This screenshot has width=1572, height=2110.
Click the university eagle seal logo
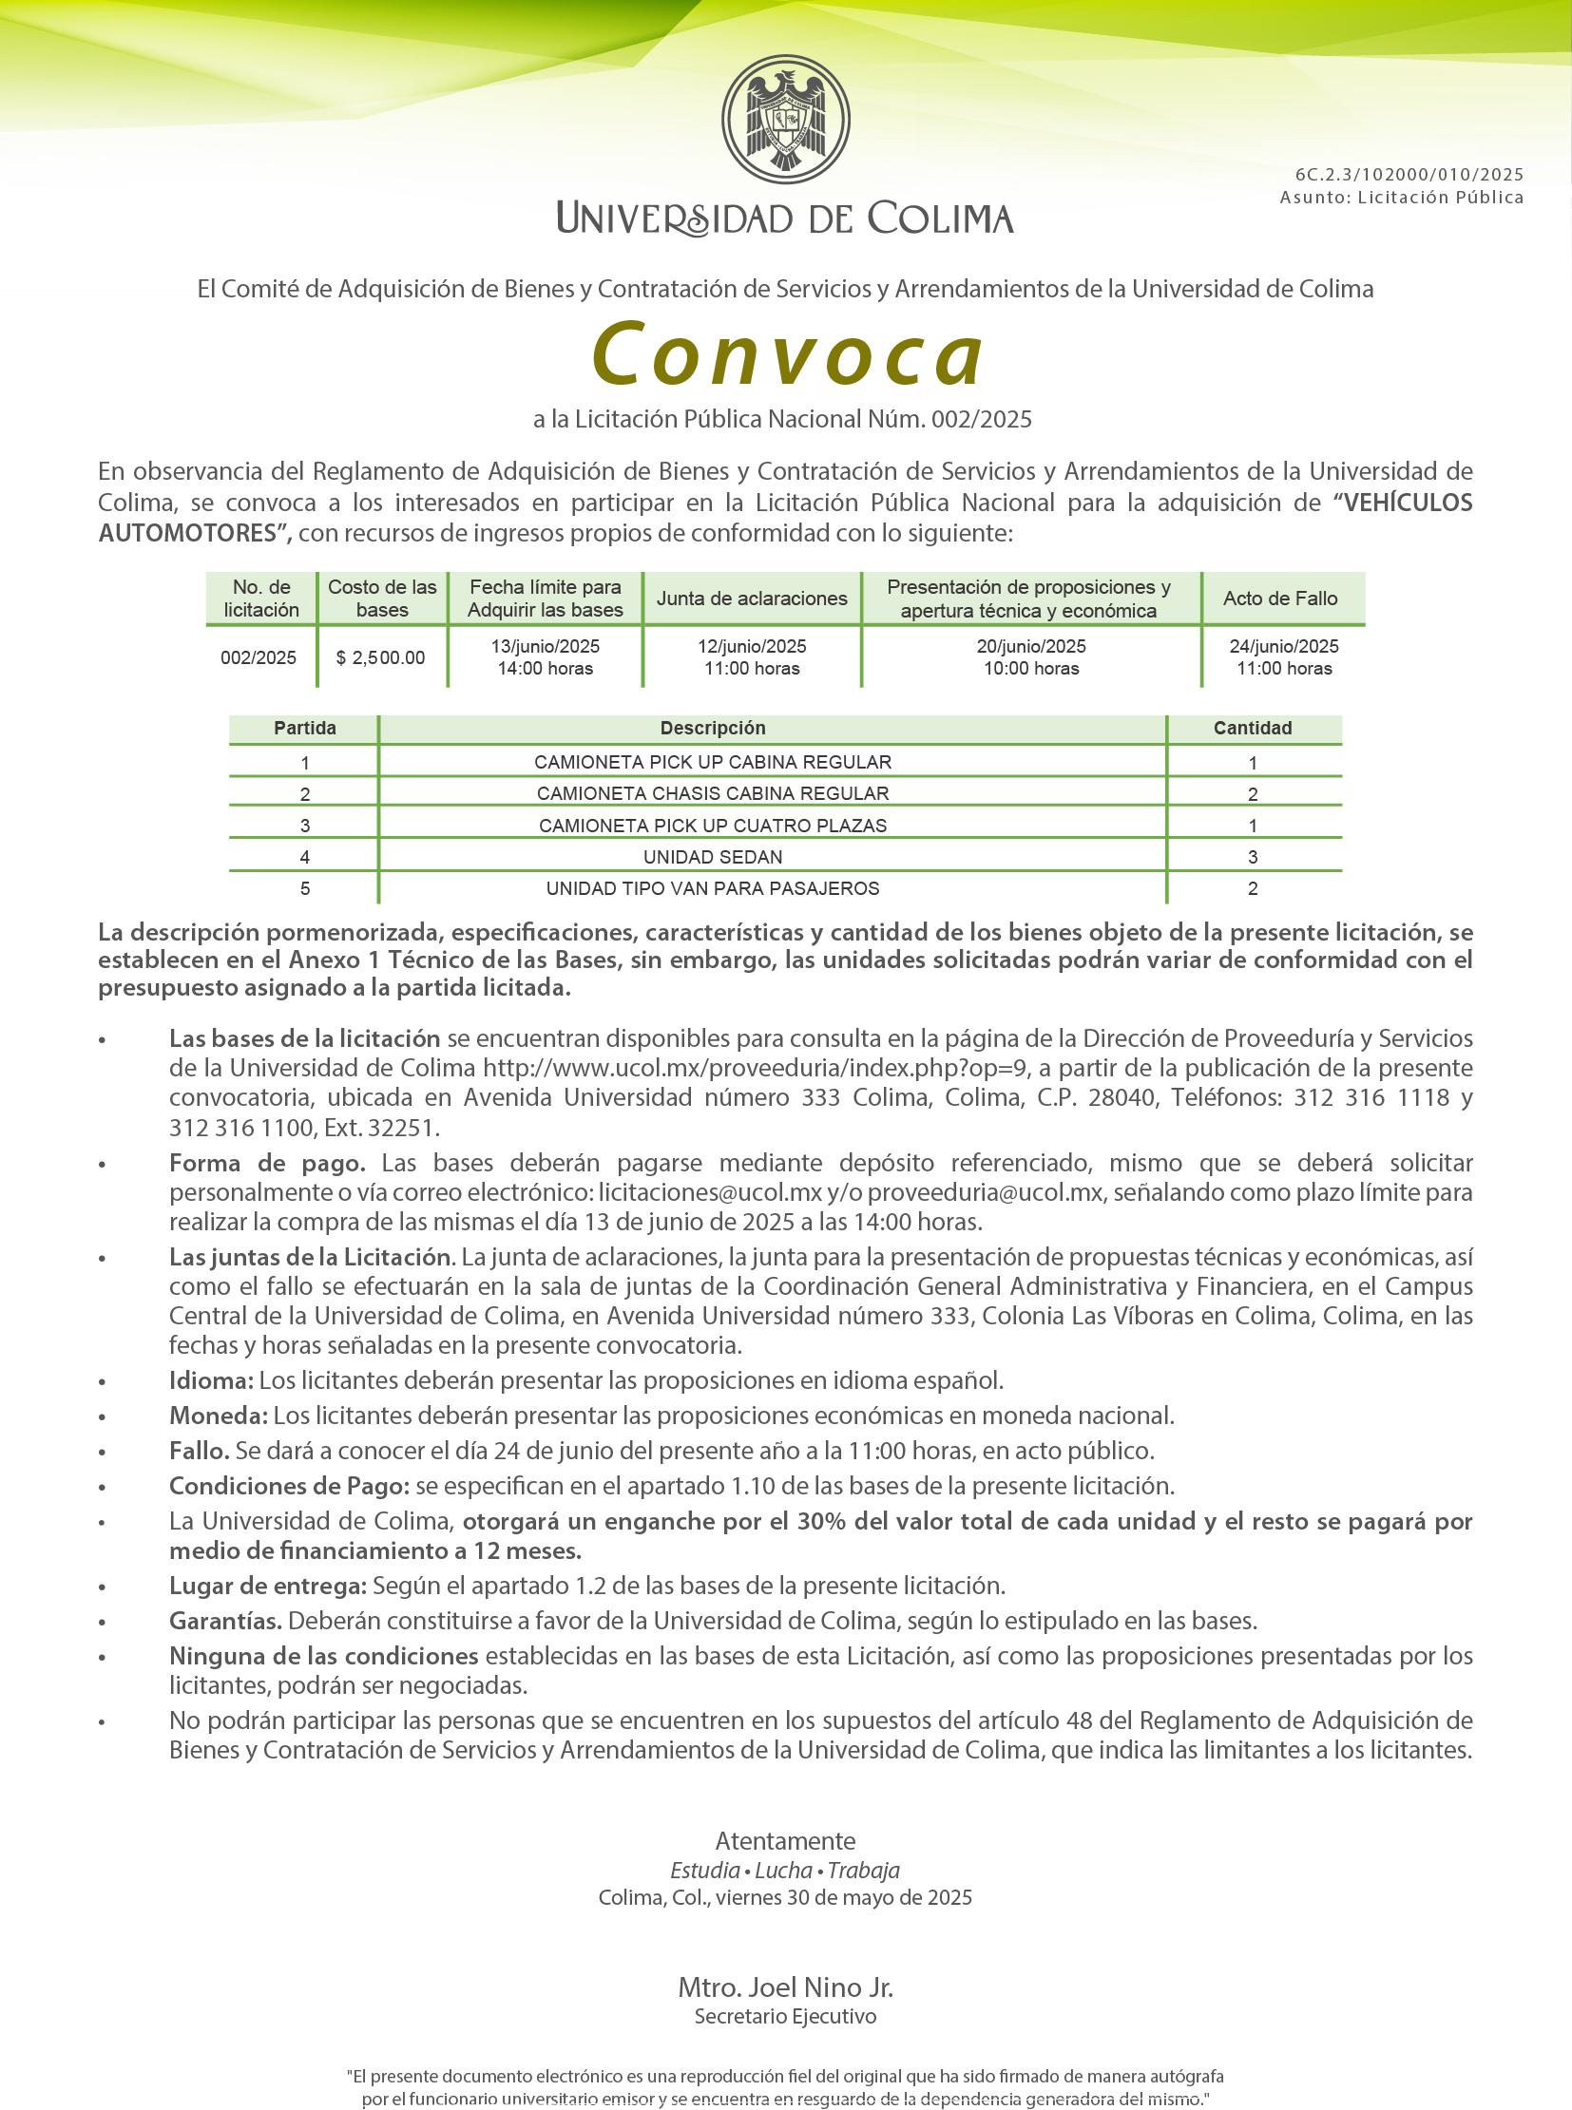click(x=785, y=119)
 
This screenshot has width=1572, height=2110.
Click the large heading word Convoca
click(x=787, y=355)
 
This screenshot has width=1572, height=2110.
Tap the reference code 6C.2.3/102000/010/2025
click(x=1409, y=174)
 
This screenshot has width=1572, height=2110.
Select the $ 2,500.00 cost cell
click(x=380, y=657)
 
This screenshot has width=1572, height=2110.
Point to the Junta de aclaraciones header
click(x=752, y=599)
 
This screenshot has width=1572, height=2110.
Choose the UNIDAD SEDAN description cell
click(x=713, y=857)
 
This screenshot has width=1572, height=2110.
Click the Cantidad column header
click(x=1253, y=728)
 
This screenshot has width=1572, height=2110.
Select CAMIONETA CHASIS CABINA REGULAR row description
click(x=713, y=793)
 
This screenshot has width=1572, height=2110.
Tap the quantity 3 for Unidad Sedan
click(x=1253, y=857)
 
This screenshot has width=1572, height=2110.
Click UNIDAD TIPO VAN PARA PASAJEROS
click(x=713, y=888)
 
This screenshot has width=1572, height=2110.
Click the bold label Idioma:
click(x=211, y=1380)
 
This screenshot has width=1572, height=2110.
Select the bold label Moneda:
click(x=218, y=1416)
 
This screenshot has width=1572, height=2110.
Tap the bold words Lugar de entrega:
click(x=267, y=1586)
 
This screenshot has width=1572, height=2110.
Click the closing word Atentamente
click(x=785, y=1841)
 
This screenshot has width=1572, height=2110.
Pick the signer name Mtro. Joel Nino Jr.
click(x=785, y=1987)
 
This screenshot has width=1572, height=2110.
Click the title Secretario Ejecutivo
click(x=785, y=2016)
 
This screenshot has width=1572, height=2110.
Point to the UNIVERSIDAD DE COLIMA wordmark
click(x=785, y=219)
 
